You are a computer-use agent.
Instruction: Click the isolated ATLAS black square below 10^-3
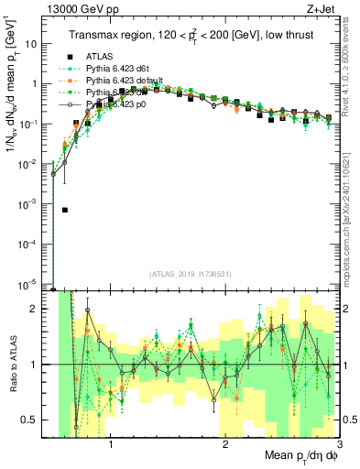coord(65,210)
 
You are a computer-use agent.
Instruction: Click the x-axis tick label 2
coord(225,445)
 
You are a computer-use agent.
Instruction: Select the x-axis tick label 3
coord(338,445)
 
